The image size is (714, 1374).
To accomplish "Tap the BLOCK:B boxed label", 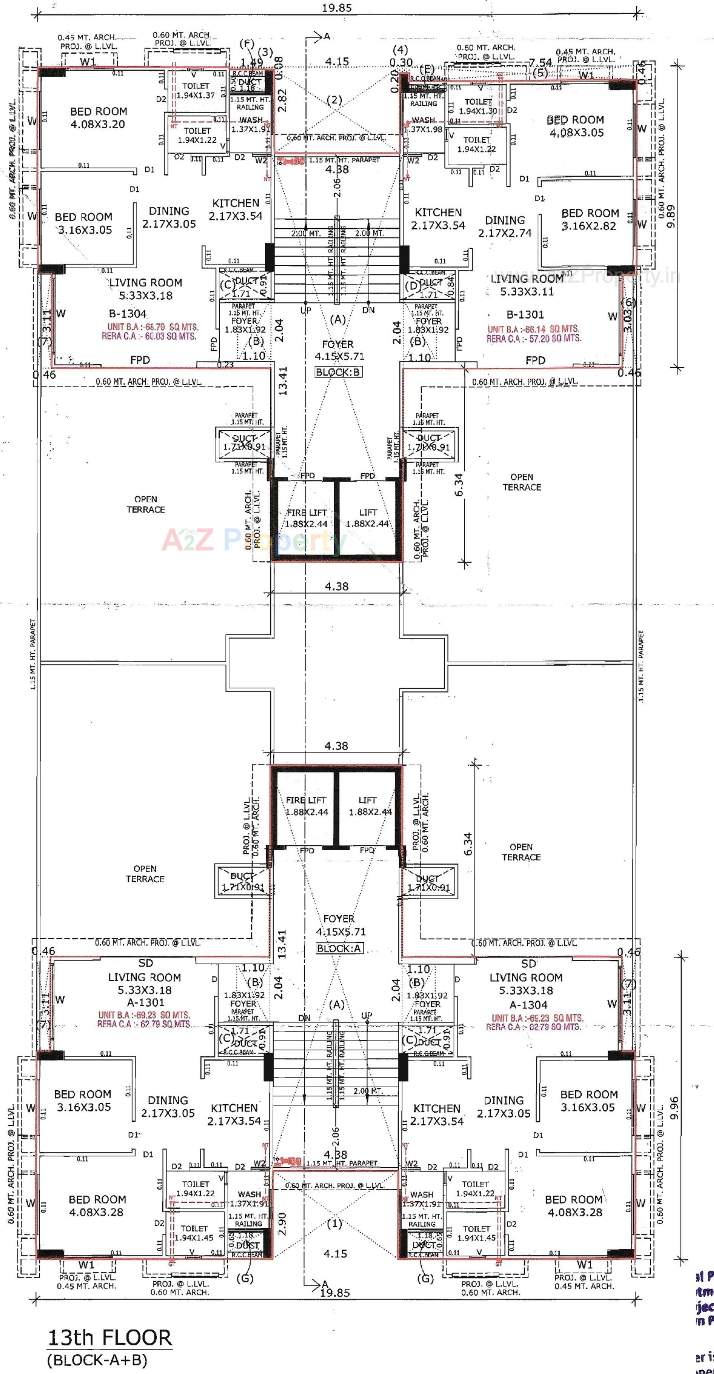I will point(338,372).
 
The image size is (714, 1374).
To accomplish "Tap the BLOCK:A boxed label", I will point(339,948).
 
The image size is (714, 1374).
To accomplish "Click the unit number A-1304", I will point(528,1004).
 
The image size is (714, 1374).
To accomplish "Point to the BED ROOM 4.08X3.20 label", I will point(99,118).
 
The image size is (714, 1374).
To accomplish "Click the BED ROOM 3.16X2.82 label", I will point(590,219).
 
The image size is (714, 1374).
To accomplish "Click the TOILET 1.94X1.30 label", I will point(478,106).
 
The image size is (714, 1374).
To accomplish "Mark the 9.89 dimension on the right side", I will point(671,216).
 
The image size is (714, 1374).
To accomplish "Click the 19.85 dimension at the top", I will point(337,7).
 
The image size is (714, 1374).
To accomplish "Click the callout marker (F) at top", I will point(247,44).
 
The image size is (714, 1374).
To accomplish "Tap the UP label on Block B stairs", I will point(306,310).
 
